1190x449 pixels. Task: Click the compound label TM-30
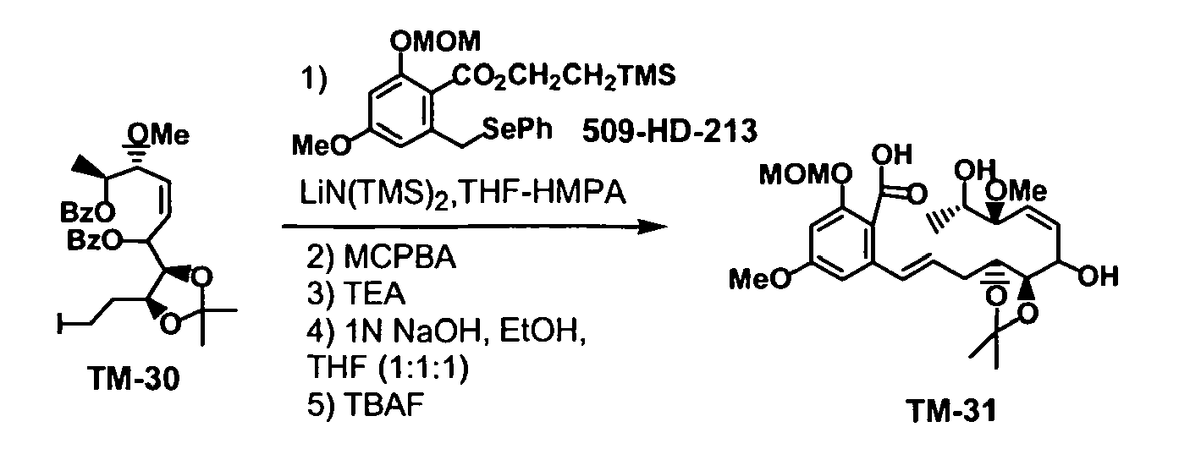point(135,380)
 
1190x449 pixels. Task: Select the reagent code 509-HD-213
point(670,131)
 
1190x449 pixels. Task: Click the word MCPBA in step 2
point(399,258)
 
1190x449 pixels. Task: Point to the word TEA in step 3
point(374,293)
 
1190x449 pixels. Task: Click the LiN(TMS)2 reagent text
point(372,194)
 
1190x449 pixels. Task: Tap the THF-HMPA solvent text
point(541,193)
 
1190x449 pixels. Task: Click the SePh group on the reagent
point(517,129)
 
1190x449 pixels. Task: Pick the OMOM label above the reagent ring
point(435,41)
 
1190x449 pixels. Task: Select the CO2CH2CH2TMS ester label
point(564,76)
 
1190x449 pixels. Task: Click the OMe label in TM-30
point(158,135)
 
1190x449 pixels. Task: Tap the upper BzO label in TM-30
point(87,213)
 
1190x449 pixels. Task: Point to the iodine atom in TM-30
point(60,323)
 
